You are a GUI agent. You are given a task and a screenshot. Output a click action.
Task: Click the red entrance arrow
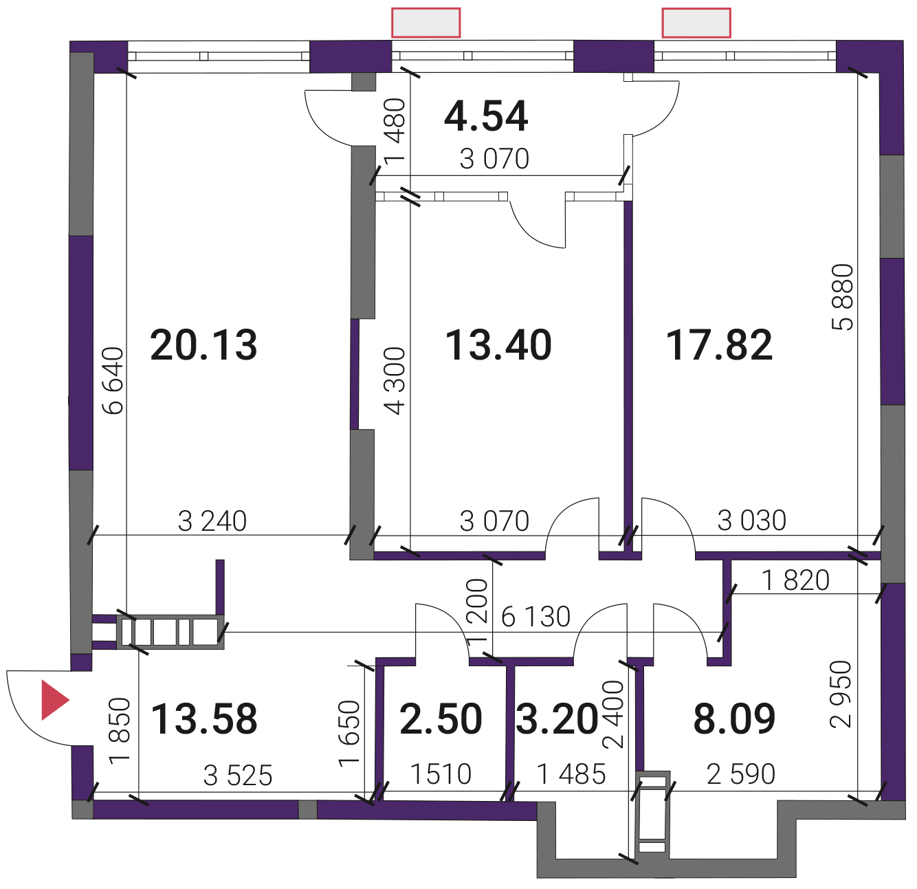point(54,700)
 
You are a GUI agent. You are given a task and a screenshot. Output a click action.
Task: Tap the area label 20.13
point(203,345)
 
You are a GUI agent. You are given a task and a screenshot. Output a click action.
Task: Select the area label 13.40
point(498,345)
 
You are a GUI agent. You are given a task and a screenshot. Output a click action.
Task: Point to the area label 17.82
point(719,345)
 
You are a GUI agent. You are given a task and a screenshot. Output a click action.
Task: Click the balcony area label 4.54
point(486,116)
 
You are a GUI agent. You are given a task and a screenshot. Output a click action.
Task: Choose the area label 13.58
point(204,719)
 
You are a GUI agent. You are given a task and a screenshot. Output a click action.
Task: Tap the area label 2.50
point(441,719)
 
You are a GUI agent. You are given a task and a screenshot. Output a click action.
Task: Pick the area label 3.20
point(557,719)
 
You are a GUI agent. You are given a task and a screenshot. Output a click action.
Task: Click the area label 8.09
point(734,719)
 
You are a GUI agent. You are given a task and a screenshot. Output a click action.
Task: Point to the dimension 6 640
point(115,381)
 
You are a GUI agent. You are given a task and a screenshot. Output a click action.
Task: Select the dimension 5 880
point(843,298)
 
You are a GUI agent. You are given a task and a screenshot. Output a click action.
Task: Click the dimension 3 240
point(212,521)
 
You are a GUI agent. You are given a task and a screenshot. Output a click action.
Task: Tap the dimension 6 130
point(535,617)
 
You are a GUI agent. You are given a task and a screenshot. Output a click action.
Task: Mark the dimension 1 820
point(795,580)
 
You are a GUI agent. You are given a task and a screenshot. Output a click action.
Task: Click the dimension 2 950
point(841,694)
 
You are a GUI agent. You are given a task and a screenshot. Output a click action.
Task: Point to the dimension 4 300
point(395,381)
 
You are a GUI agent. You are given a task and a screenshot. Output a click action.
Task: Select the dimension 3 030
point(751,520)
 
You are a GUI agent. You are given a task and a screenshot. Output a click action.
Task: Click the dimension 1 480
point(395,131)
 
